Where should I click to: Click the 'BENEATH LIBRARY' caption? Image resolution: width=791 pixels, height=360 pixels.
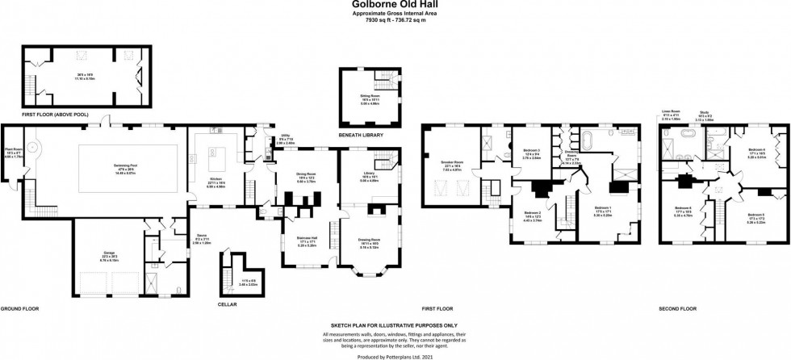click(x=359, y=136)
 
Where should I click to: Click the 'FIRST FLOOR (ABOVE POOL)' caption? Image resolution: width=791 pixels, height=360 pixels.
click(x=36, y=116)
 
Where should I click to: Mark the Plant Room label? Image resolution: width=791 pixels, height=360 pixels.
click(x=12, y=151)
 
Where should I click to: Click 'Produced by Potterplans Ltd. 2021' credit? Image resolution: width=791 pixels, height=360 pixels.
click(x=395, y=354)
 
